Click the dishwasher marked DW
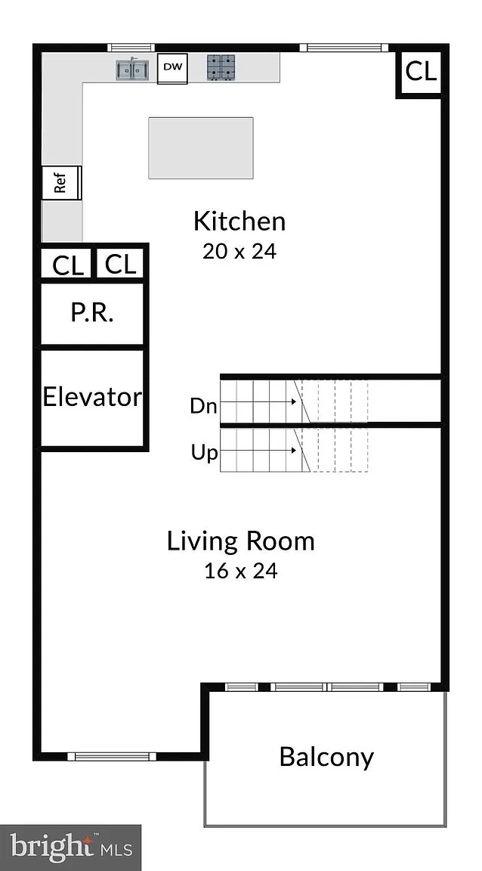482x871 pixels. click(x=172, y=68)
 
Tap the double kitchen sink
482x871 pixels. click(x=133, y=70)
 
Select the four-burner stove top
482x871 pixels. click(x=221, y=67)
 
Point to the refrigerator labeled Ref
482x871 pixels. click(x=62, y=182)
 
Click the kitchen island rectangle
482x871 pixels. click(x=200, y=147)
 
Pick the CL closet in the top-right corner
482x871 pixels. click(x=421, y=73)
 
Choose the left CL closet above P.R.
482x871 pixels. click(x=68, y=265)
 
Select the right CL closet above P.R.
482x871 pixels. click(x=121, y=264)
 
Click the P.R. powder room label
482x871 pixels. click(x=92, y=313)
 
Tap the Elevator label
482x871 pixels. click(x=92, y=397)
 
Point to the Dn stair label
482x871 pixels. click(x=203, y=406)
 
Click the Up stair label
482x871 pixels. click(x=204, y=454)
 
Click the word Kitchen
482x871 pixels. click(x=239, y=222)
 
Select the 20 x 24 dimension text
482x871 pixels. click(x=239, y=252)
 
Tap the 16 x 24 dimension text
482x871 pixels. click(x=240, y=571)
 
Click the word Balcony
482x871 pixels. click(x=326, y=757)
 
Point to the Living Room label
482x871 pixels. click(x=241, y=541)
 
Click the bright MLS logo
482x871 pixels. click(x=70, y=848)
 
